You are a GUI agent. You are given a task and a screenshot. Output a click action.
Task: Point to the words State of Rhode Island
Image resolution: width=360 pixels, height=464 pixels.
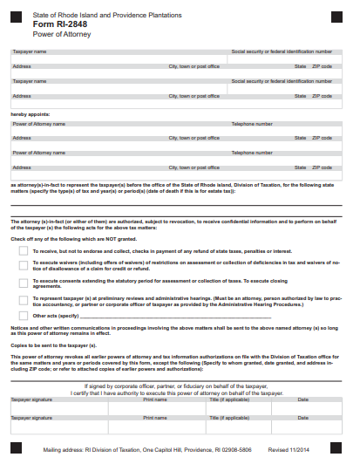pyautogui.click(x=59, y=15)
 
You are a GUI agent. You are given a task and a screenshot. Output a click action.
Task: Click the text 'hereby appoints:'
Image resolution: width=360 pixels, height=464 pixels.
pyautogui.click(x=31, y=114)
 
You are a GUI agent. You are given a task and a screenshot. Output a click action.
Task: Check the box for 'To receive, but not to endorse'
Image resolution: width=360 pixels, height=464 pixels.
pyautogui.click(x=23, y=250)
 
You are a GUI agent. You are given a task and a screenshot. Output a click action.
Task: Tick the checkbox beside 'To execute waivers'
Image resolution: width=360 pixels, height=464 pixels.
pyautogui.click(x=23, y=264)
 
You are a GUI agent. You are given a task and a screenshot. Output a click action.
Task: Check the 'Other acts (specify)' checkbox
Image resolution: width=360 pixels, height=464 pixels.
pyautogui.click(x=23, y=315)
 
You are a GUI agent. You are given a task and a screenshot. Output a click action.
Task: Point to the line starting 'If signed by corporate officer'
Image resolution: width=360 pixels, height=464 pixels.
pyautogui.click(x=179, y=386)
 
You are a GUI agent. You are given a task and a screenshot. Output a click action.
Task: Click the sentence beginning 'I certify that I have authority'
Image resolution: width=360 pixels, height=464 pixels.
pyautogui.click(x=179, y=392)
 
